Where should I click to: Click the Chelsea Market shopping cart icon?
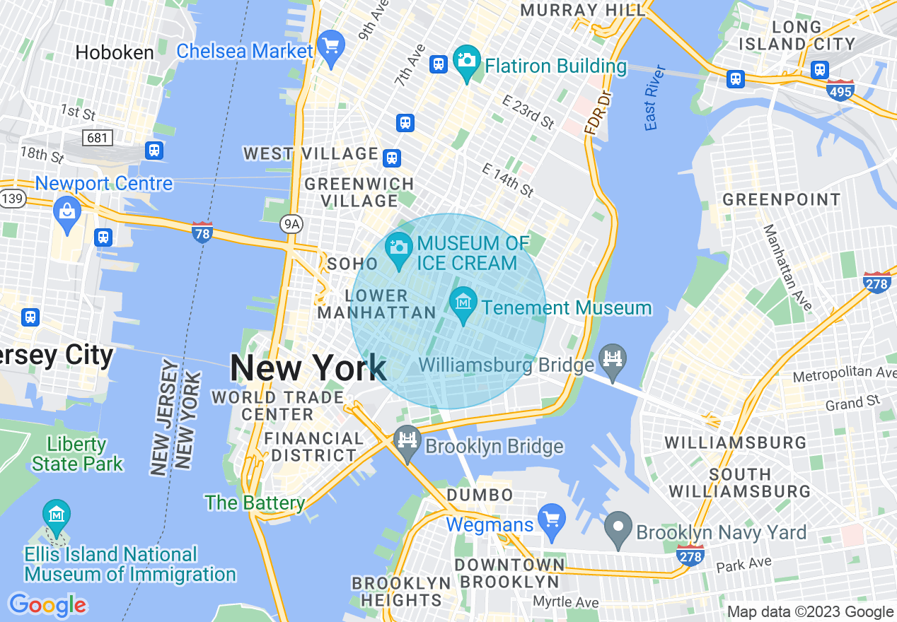(x=330, y=47)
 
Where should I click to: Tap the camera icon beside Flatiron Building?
(x=466, y=61)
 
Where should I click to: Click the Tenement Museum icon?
(x=463, y=303)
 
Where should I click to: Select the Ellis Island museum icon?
(x=56, y=515)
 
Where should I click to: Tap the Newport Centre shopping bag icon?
(x=67, y=212)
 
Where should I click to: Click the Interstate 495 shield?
(x=840, y=90)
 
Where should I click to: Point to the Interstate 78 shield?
(x=202, y=232)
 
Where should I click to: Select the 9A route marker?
(x=291, y=224)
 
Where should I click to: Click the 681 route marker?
(x=97, y=137)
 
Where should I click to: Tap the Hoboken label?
(x=115, y=52)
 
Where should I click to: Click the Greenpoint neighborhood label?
(x=781, y=199)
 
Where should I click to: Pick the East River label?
(x=655, y=98)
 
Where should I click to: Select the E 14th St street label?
(x=507, y=180)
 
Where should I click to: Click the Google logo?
(x=47, y=605)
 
